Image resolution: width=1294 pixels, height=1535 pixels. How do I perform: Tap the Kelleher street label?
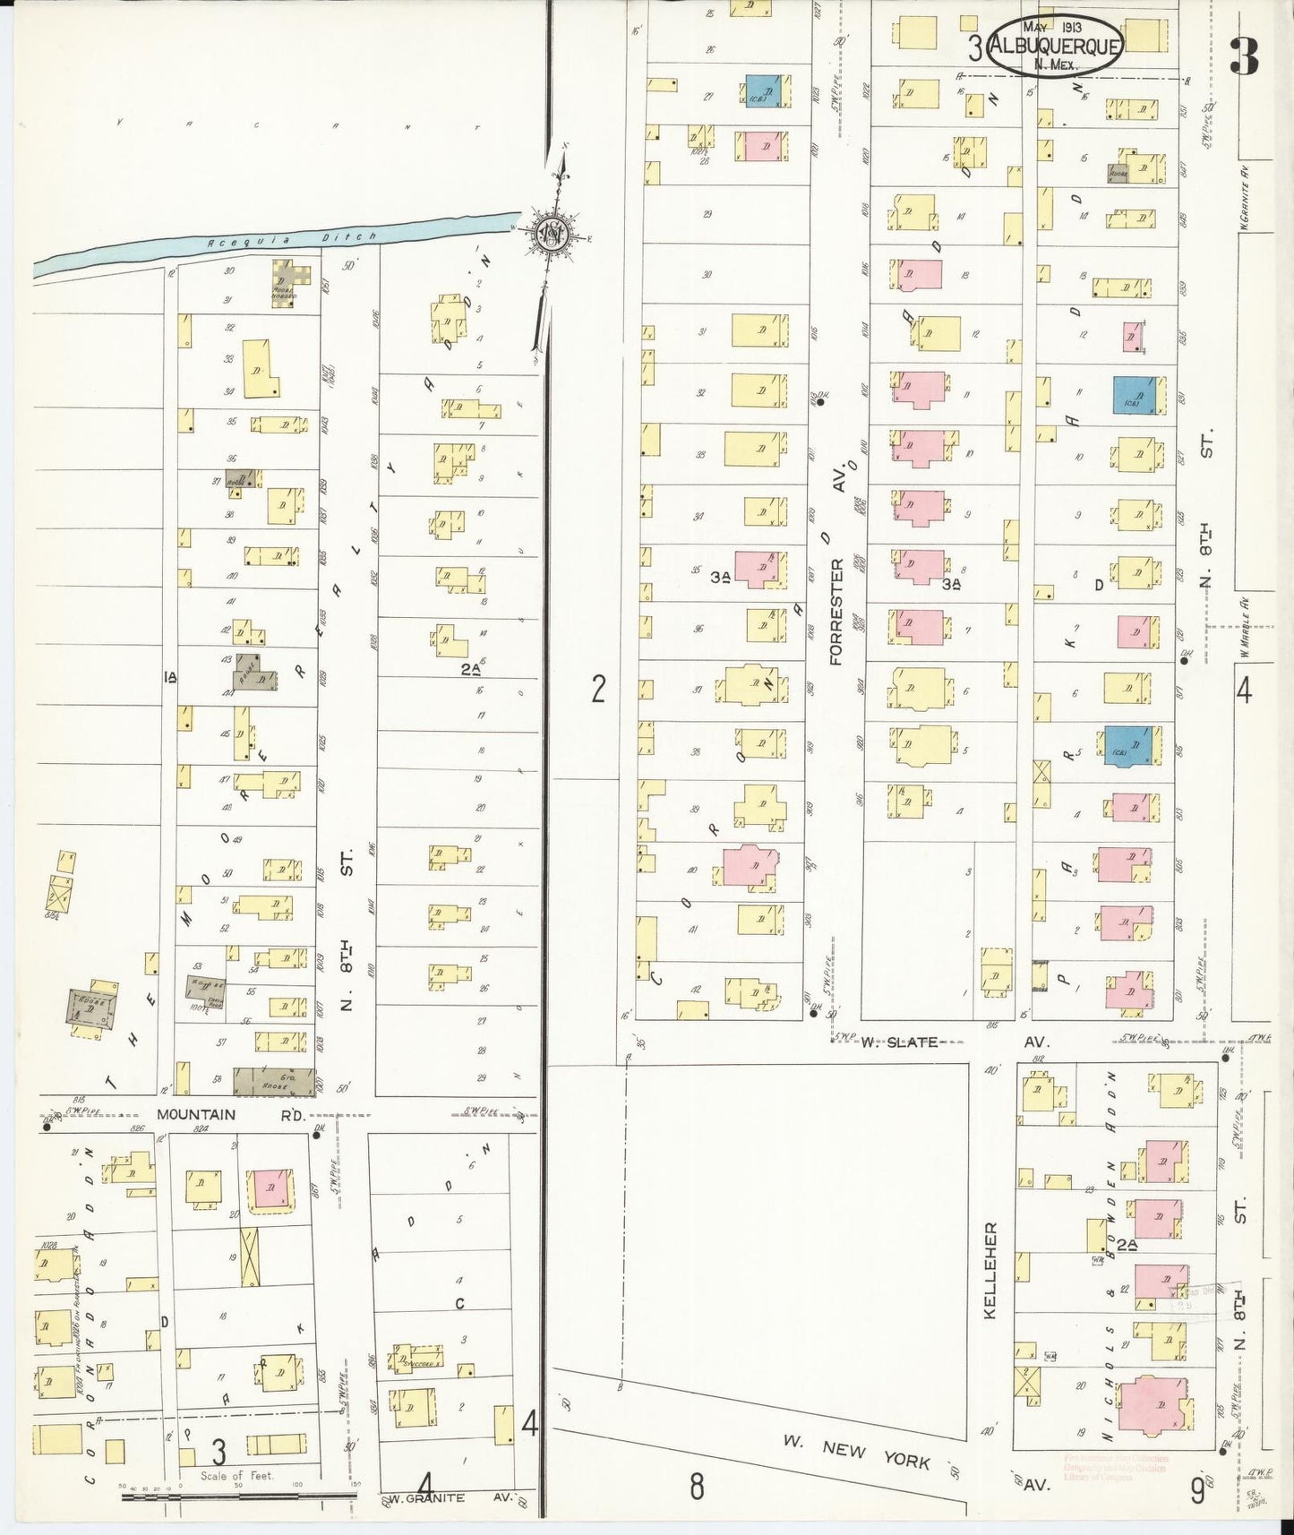[x=990, y=1269]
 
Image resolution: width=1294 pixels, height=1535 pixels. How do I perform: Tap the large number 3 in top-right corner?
[x=1245, y=56]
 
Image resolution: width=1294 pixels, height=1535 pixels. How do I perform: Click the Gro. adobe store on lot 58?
[x=274, y=1082]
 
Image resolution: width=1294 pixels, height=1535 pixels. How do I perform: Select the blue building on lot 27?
[x=765, y=90]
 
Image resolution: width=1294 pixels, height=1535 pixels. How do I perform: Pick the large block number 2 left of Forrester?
[x=598, y=689]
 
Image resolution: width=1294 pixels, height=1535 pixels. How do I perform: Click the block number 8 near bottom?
[x=696, y=1486]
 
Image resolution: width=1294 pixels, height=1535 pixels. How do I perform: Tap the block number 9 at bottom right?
[x=1196, y=1491]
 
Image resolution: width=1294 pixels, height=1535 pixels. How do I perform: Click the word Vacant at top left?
[x=296, y=125]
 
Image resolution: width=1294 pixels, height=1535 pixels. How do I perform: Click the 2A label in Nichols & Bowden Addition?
[x=1126, y=1245]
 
